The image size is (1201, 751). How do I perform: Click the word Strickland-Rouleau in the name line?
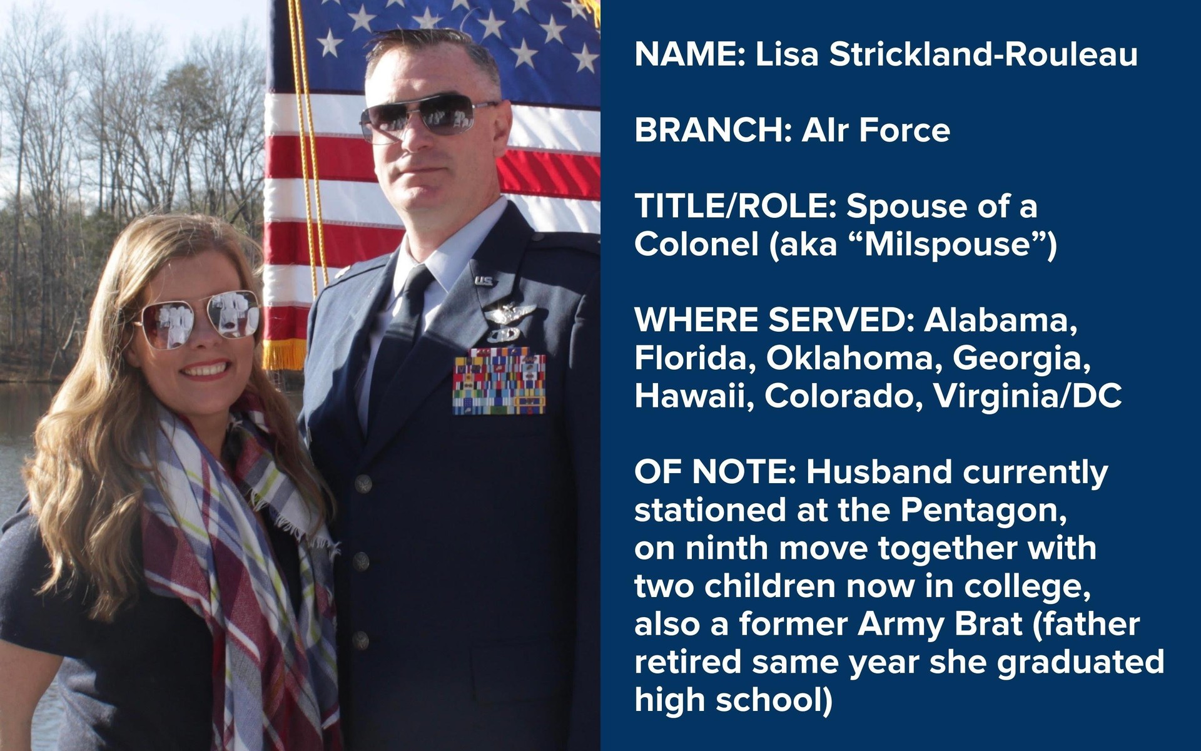[x=983, y=54]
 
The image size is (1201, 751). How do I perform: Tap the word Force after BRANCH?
[x=905, y=130]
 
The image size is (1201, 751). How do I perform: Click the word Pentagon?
[x=983, y=511]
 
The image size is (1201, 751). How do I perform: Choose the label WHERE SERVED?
[x=775, y=320]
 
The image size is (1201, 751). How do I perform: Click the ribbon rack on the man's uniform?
[x=499, y=382]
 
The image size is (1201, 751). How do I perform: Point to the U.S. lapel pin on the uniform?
[x=484, y=282]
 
